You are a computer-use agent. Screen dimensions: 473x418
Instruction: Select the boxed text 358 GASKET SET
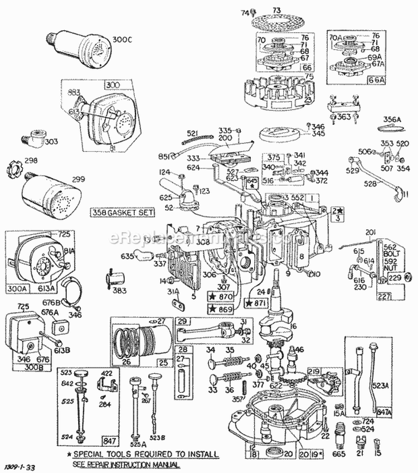(115, 213)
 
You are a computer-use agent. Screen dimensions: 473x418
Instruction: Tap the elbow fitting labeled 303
(37, 136)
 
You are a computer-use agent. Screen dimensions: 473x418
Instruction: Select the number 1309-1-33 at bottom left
(21, 464)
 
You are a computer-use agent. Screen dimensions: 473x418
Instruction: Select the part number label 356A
(392, 119)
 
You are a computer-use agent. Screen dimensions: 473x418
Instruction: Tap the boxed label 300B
(25, 368)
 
